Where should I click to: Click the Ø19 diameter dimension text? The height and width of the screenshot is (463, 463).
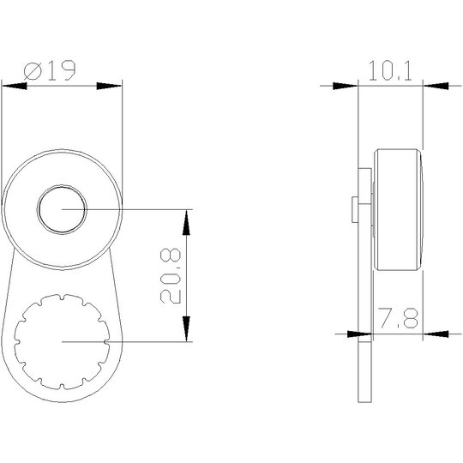[50, 70]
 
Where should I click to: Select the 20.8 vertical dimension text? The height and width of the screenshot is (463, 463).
[171, 276]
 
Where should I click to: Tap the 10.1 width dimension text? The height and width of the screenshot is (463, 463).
[390, 71]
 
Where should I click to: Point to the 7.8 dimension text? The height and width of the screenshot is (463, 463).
[399, 318]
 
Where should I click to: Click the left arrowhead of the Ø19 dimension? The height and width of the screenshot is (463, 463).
[15, 87]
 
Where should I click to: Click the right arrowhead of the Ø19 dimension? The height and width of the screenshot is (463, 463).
[109, 87]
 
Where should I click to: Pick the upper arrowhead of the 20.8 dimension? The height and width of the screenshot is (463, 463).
[186, 222]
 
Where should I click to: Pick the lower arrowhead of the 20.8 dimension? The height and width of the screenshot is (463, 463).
[186, 328]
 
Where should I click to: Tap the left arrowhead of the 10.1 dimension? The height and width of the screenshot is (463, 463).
[346, 87]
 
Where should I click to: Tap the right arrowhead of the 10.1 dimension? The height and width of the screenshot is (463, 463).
[436, 87]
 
